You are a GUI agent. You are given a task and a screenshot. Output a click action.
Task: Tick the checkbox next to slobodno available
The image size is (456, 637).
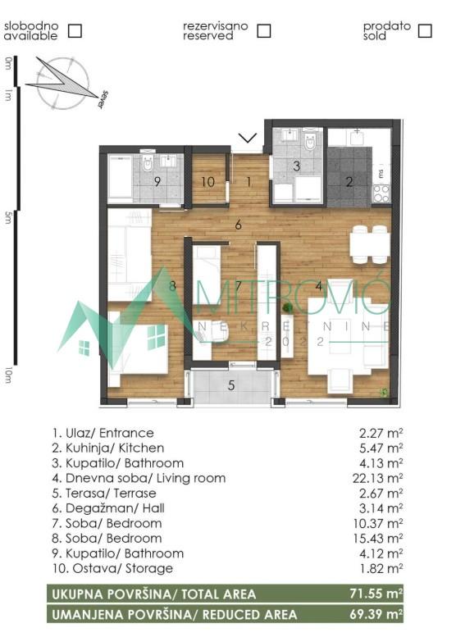click(75, 31)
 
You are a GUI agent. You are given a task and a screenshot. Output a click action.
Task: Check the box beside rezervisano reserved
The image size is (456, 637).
click(263, 31)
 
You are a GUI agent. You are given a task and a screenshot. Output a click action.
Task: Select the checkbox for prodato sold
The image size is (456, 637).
click(425, 31)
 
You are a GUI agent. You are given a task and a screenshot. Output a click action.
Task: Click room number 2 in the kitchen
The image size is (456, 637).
click(349, 182)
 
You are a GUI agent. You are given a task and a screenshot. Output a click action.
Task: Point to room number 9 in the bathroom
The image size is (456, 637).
click(157, 182)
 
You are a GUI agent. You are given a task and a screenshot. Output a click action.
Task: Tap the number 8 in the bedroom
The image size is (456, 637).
click(172, 286)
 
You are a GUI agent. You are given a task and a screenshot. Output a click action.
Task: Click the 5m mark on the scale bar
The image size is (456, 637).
click(8, 217)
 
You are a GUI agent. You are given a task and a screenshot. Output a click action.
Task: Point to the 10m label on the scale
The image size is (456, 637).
click(8, 375)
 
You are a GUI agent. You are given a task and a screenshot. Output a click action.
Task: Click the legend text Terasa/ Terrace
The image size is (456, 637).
click(103, 494)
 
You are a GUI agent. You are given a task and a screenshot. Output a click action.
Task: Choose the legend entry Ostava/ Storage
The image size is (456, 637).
click(107, 568)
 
